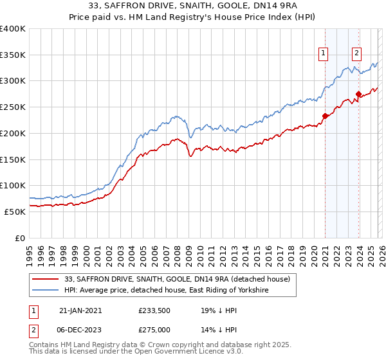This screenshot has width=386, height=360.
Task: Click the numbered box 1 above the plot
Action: coord(323,54)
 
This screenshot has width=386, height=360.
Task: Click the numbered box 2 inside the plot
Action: coord(356,54)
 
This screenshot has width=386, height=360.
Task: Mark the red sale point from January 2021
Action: coord(326,116)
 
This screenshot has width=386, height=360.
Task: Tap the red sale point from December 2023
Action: coord(358,94)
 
